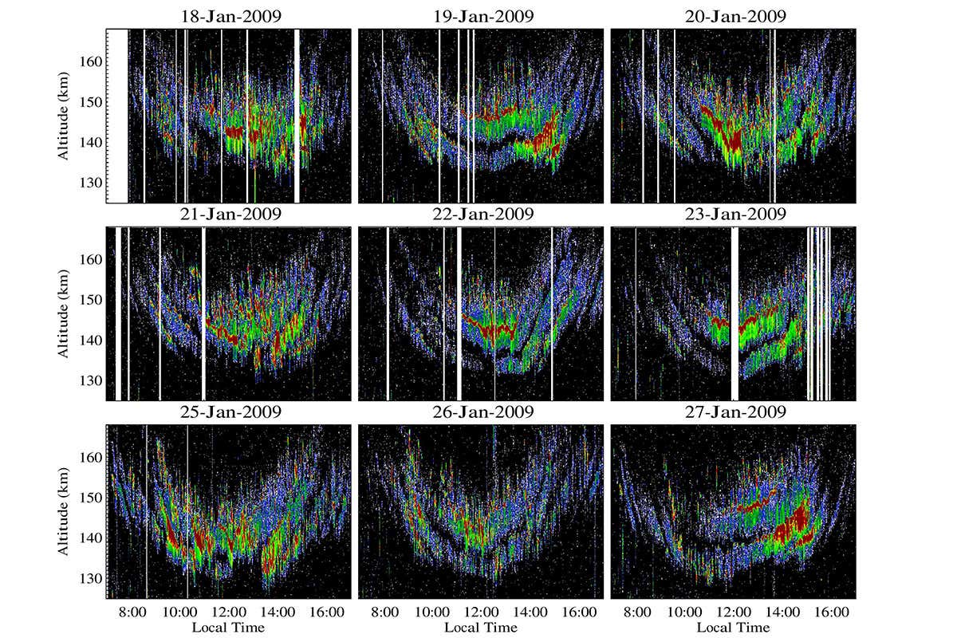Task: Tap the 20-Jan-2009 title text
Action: pyautogui.click(x=734, y=17)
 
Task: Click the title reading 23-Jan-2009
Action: pyautogui.click(x=734, y=215)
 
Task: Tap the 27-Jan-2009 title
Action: pyautogui.click(x=734, y=412)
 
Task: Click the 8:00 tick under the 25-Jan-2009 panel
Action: pyautogui.click(x=132, y=613)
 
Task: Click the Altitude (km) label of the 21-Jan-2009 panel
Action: pyautogui.click(x=63, y=313)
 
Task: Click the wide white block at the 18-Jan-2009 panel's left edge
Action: pyautogui.click(x=117, y=116)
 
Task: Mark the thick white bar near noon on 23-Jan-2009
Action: pyautogui.click(x=735, y=313)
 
